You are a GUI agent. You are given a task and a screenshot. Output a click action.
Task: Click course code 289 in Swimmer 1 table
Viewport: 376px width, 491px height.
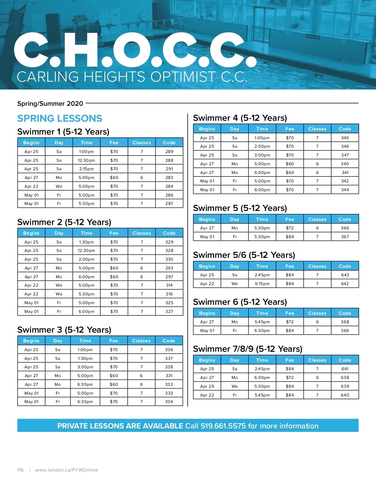tap(169, 151)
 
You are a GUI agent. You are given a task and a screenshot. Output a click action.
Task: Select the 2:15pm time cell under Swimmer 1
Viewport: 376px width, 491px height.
tap(86, 169)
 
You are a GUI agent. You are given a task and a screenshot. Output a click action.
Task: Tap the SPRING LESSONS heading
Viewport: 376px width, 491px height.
tap(60, 118)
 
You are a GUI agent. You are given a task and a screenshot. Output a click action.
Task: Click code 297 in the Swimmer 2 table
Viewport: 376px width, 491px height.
tap(169, 277)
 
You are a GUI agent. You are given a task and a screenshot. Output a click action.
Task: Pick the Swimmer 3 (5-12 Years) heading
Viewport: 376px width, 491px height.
tap(64, 330)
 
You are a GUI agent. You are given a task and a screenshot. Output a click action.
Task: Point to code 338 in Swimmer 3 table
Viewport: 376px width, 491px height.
tap(169, 367)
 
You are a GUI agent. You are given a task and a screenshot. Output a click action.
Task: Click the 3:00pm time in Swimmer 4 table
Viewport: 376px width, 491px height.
tap(262, 155)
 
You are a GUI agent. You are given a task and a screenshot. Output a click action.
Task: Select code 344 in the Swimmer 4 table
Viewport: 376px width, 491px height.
tap(345, 190)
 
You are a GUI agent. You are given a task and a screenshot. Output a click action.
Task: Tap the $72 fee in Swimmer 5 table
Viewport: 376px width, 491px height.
tap(290, 228)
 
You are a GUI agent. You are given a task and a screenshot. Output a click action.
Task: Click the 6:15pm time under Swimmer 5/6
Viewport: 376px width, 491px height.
tap(262, 284)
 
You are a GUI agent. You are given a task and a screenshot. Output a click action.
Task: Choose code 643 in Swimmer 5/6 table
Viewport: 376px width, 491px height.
tap(345, 275)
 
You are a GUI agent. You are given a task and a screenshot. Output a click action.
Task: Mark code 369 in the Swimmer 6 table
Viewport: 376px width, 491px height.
tap(345, 330)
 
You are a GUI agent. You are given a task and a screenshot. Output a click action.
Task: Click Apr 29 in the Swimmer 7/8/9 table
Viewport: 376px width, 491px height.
tap(207, 386)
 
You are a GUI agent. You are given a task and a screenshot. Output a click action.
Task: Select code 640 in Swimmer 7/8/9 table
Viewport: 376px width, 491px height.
tap(345, 395)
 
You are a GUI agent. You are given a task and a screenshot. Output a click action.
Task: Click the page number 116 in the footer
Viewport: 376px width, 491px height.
tap(20, 470)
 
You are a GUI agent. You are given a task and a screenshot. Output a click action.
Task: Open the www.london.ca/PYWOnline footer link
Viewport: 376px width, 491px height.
tap(66, 470)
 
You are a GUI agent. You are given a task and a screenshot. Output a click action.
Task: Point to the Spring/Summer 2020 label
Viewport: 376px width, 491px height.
tap(50, 104)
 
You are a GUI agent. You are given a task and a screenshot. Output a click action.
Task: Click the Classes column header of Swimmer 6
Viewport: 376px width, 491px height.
tap(317, 313)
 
